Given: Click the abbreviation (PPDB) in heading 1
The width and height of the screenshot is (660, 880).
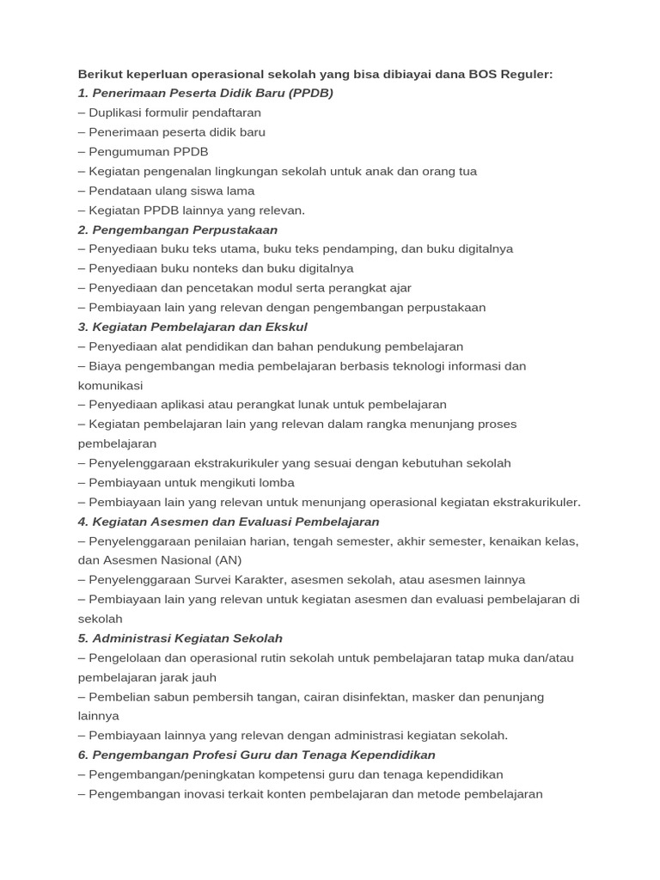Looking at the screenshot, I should (x=312, y=93).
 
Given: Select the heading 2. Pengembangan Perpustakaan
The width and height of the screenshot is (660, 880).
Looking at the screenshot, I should (x=178, y=229).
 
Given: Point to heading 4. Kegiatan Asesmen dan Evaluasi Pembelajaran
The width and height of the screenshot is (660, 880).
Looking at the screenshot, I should (x=229, y=522).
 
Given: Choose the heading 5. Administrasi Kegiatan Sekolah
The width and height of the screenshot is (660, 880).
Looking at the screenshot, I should (x=180, y=639).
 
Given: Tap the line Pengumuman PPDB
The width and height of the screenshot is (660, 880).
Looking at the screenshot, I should (x=148, y=151).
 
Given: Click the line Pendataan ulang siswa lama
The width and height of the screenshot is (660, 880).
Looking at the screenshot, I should (x=171, y=191).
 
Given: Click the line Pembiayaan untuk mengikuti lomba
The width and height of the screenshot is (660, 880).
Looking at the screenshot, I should (x=191, y=482).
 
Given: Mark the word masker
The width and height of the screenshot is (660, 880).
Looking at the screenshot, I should (x=440, y=697).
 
